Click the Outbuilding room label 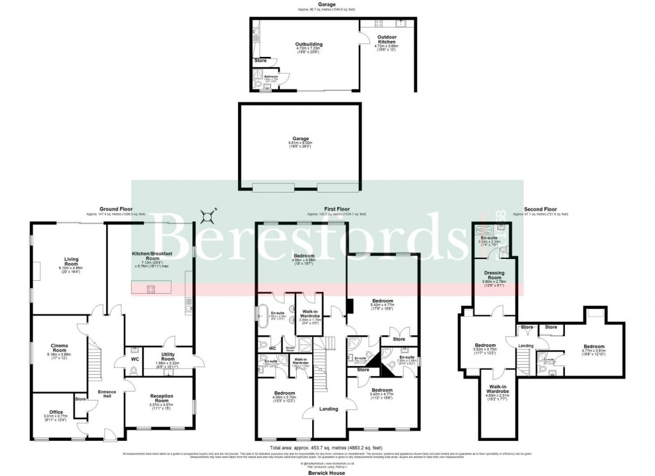tap(308, 44)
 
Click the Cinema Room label tap(64, 349)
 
